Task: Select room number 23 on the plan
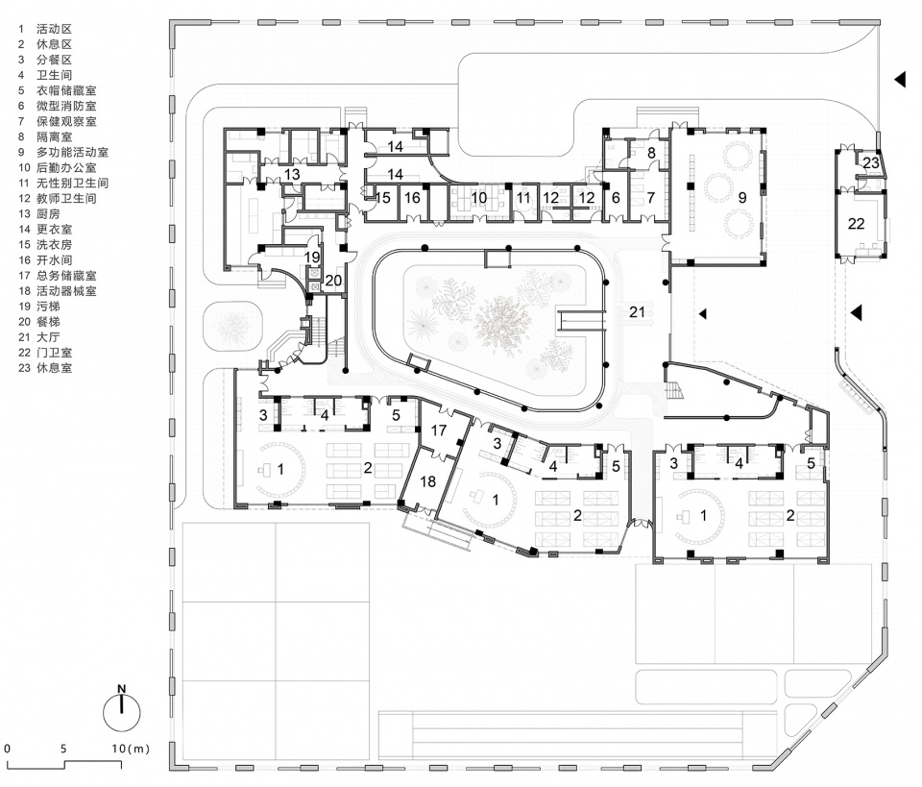click(870, 162)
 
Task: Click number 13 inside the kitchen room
click(291, 174)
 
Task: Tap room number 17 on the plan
click(439, 431)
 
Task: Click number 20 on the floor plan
click(332, 280)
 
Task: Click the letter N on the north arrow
click(122, 688)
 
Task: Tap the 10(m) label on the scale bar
click(129, 748)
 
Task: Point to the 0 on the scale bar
click(7, 748)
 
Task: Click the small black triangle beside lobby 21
click(703, 313)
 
